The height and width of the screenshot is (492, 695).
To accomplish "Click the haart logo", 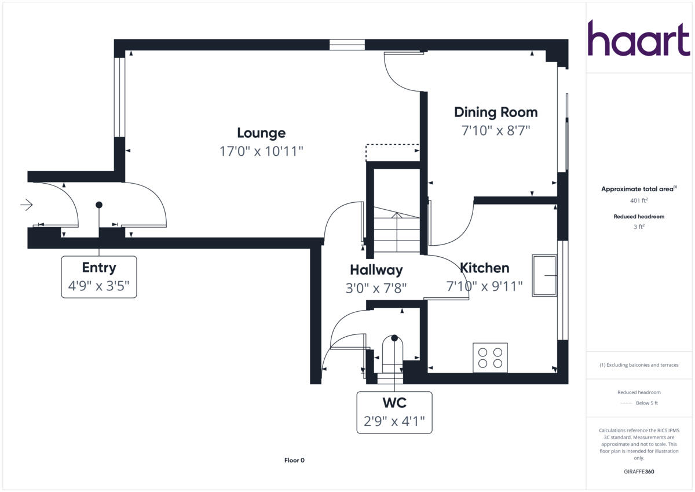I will [x=639, y=38].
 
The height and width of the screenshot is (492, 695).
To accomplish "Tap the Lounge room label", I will [x=261, y=133].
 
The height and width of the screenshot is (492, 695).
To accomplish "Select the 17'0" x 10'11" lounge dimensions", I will [x=261, y=152].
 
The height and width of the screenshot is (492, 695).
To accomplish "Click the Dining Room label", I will [x=495, y=112].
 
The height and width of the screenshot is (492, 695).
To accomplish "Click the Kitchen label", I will [x=485, y=268].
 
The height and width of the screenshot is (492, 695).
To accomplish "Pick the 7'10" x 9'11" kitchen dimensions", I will [x=485, y=286].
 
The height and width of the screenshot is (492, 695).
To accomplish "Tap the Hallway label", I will [x=376, y=270].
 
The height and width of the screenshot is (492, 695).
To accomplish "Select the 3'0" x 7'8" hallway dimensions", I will [x=376, y=288].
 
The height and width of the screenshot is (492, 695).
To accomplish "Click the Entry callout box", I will [x=99, y=277].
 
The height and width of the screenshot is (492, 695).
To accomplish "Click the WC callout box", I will [x=394, y=412].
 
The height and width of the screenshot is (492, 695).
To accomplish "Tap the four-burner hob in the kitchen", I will [x=490, y=358].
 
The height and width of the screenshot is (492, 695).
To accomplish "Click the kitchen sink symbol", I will [x=545, y=275].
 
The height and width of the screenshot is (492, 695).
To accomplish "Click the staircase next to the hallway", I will [x=396, y=232].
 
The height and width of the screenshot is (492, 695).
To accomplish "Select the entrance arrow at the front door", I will [x=27, y=205].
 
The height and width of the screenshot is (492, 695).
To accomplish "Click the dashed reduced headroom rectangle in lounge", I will [x=392, y=152].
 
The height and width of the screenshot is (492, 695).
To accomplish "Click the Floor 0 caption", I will [x=294, y=461].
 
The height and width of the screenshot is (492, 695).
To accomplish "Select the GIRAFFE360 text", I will [x=639, y=472].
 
